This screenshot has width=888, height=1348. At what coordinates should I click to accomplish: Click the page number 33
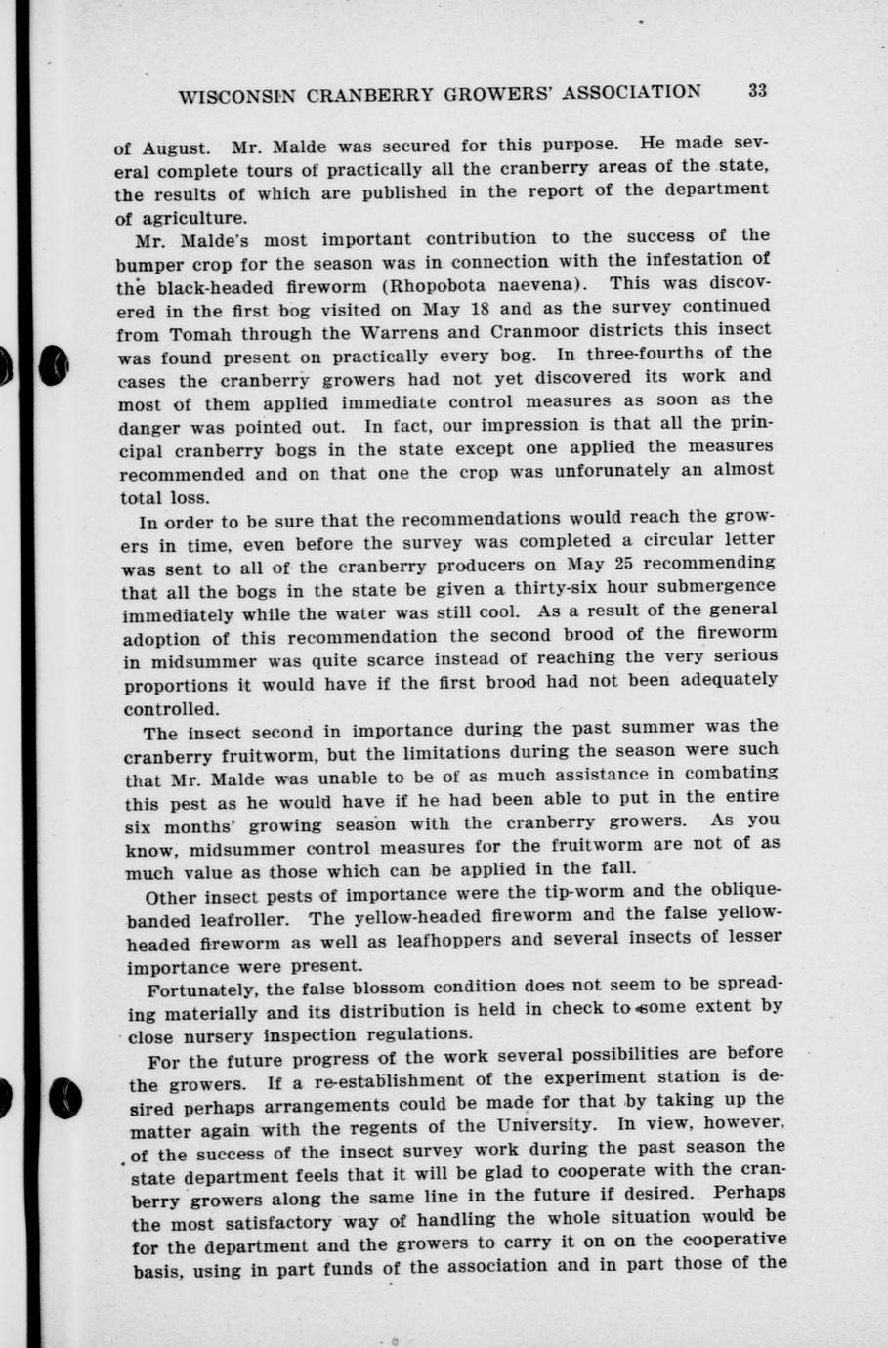tap(758, 91)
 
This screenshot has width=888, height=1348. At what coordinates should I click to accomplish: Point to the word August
tap(175, 149)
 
